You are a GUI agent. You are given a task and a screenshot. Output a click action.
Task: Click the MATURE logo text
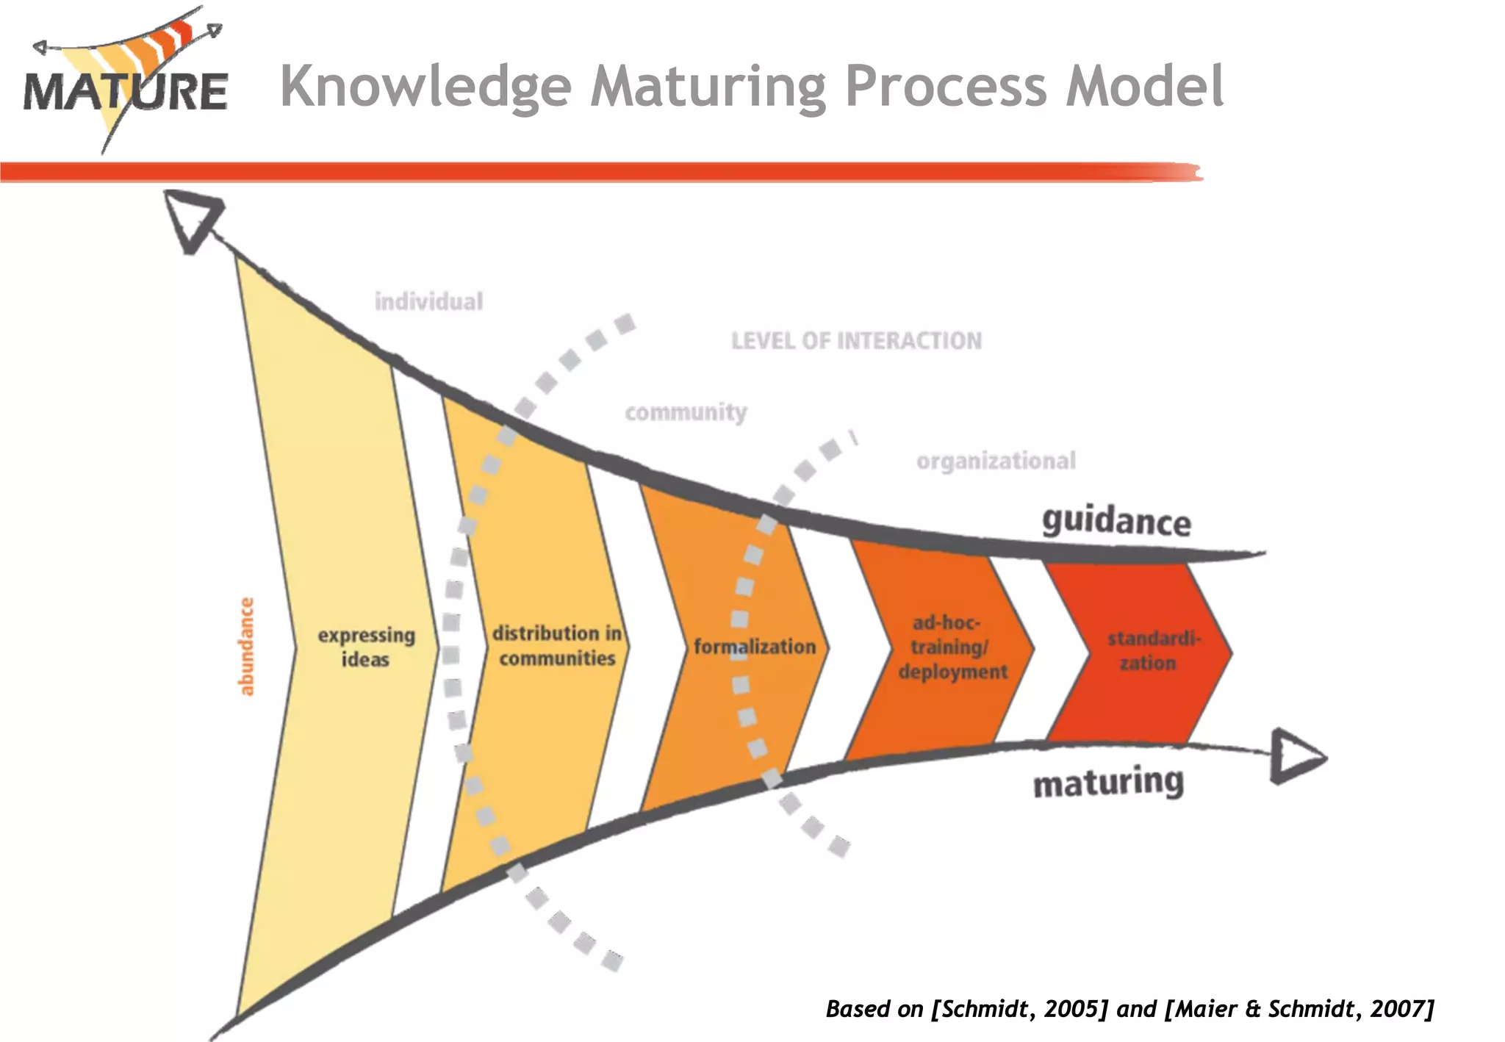125,92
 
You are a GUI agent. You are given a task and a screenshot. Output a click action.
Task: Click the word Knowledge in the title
426,87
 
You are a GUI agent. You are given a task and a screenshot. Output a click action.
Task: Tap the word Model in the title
1145,87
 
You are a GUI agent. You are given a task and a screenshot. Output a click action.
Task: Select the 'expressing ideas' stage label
366,647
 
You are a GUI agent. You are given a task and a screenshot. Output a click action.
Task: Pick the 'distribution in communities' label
557,645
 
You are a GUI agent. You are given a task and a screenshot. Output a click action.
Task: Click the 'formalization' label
755,647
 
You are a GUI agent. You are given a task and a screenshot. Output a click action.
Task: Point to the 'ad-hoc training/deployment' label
952,647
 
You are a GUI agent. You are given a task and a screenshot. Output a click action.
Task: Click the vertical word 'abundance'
246,647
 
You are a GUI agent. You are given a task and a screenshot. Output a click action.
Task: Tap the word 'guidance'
1116,521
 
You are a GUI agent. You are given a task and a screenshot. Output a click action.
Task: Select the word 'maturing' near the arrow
1108,782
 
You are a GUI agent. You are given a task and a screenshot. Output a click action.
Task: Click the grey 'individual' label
428,301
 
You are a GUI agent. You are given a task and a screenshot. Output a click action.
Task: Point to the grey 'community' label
686,412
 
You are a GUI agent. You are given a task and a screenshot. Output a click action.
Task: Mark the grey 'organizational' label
996,461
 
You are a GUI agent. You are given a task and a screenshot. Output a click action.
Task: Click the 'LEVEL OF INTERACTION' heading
856,341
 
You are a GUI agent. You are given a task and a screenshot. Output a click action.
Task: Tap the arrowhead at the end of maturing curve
1296,756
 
